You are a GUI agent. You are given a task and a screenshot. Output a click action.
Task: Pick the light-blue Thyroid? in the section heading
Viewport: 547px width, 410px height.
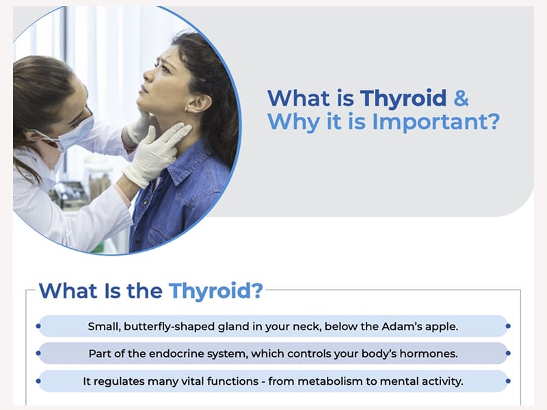(216, 290)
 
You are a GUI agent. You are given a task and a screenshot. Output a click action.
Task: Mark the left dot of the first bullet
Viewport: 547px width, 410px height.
(38, 327)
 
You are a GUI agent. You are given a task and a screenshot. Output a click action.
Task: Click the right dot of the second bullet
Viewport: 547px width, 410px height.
(508, 354)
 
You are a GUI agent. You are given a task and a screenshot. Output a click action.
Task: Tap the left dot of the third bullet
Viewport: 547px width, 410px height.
(38, 381)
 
